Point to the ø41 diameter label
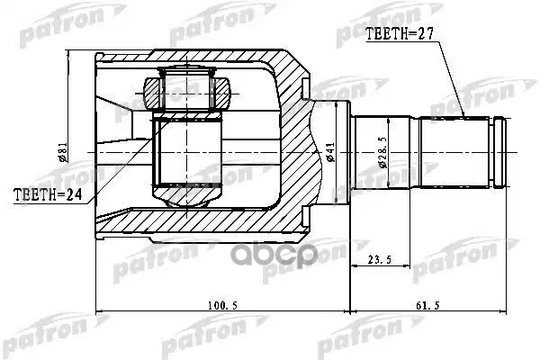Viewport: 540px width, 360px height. [332, 154]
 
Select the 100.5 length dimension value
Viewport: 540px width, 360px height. [219, 306]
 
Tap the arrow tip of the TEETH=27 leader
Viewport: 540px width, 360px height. [461, 119]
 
